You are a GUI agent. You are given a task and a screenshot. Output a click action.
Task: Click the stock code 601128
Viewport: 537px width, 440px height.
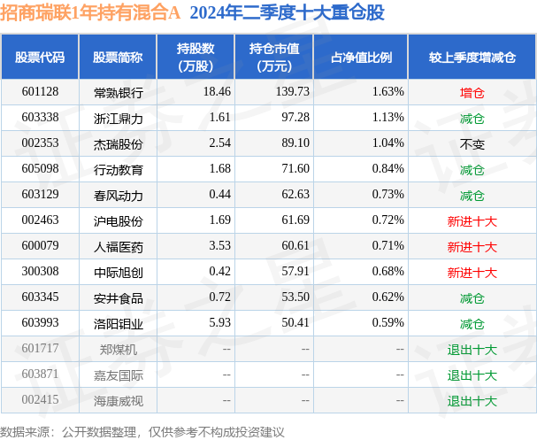point(40,91)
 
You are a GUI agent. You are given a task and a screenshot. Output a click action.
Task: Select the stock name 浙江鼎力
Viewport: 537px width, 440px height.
point(118,117)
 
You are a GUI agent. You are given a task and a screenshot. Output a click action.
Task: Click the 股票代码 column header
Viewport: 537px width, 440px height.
point(40,58)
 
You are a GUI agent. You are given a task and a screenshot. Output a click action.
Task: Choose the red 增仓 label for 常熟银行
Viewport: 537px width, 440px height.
point(472,91)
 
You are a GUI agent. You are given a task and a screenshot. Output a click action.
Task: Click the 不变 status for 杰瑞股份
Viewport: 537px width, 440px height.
point(472,143)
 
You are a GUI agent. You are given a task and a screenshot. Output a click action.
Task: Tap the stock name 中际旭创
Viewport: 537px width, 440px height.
point(118,272)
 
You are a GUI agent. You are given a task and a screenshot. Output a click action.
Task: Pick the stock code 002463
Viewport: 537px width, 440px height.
point(40,220)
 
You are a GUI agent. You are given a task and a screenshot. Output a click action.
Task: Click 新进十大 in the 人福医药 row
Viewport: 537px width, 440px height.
point(472,246)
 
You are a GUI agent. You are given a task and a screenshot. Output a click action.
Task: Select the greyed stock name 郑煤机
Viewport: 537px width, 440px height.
point(118,349)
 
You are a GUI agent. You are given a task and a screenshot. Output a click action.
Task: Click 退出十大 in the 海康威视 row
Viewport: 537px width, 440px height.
point(472,400)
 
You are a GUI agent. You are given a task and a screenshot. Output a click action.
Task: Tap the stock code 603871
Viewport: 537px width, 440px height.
point(40,374)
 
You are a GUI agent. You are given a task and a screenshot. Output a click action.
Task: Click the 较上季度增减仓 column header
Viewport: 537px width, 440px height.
point(472,58)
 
